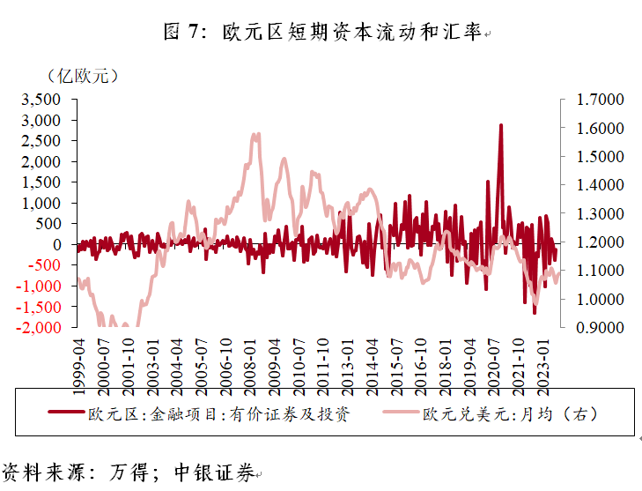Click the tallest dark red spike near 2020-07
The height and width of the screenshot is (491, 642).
(501, 126)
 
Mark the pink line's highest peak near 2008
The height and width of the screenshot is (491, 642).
(255, 135)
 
